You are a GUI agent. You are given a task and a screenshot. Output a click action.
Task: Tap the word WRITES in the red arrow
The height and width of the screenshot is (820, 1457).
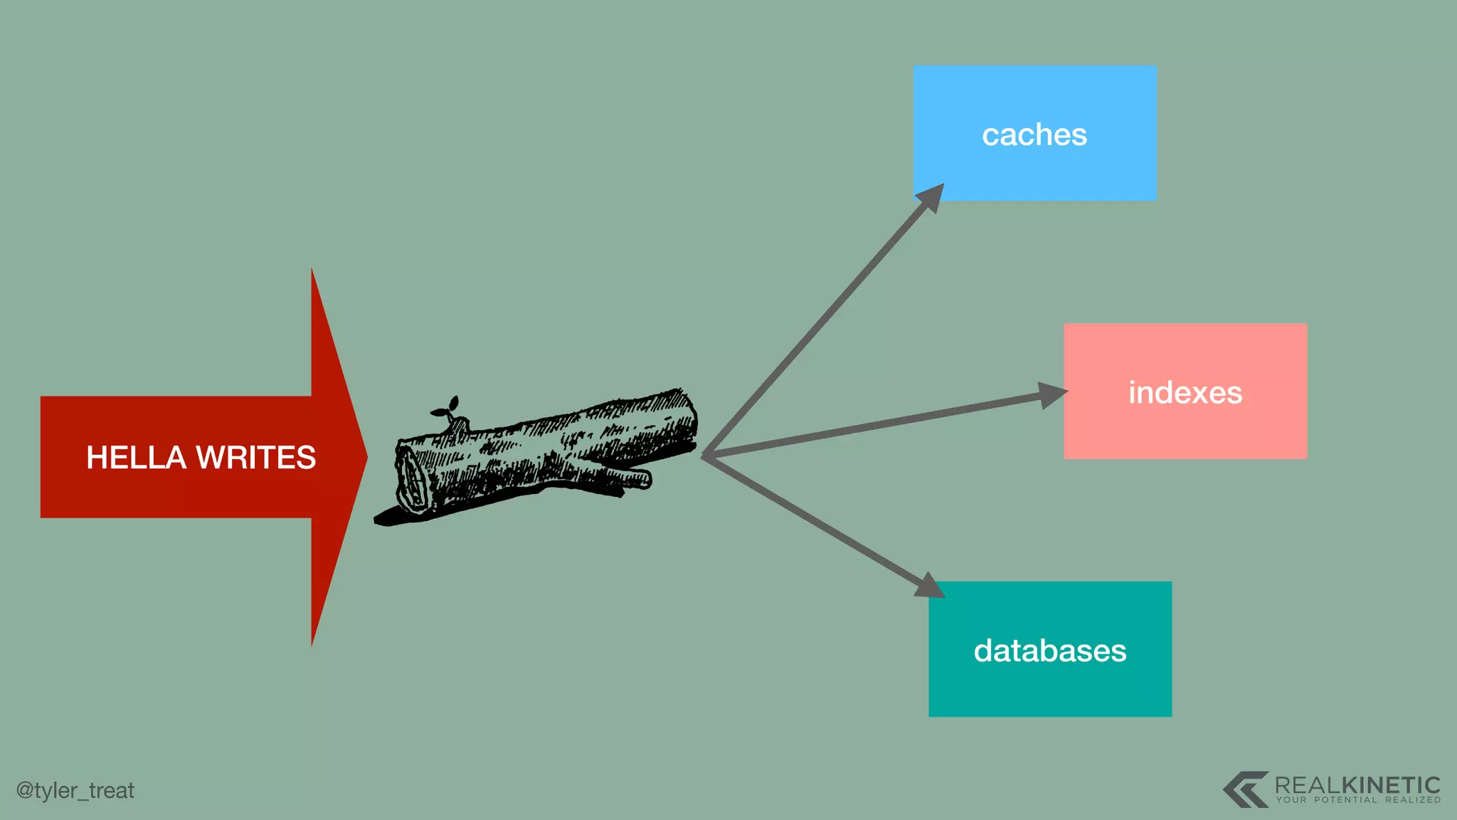coord(256,457)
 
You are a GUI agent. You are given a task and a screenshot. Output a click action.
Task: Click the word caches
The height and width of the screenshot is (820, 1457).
coord(1034,135)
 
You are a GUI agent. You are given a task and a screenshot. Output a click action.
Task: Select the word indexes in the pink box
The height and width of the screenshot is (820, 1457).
coord(1185,393)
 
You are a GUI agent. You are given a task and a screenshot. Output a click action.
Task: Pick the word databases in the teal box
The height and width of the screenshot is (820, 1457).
coord(1050,651)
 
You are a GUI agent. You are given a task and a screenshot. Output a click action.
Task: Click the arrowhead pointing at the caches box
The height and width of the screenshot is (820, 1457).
coord(931,197)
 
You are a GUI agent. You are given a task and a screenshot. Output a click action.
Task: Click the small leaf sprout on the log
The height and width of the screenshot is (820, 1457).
coord(446,408)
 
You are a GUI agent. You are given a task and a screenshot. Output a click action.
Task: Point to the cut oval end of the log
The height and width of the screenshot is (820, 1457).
coord(411,480)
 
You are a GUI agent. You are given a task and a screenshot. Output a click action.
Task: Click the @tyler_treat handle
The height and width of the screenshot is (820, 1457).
coord(75,790)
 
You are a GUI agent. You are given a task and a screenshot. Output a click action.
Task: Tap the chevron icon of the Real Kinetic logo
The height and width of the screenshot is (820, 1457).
coord(1246,789)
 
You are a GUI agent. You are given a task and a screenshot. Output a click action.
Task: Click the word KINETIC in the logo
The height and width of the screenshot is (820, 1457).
coord(1391,785)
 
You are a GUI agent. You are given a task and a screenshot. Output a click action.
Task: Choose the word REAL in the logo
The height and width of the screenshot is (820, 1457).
coord(1308,785)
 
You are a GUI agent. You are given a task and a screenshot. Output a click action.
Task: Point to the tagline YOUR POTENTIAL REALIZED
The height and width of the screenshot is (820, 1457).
coord(1358,800)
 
